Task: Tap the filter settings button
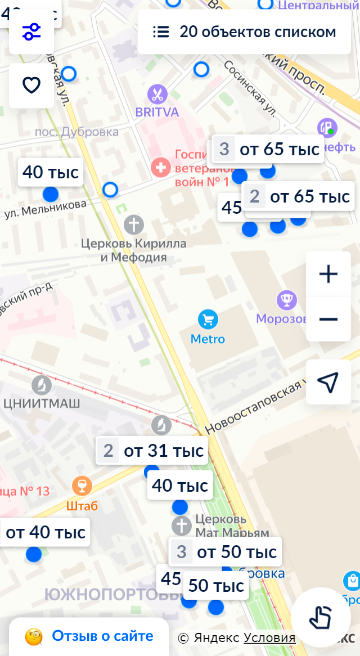click(x=31, y=32)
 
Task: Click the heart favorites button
click(x=31, y=86)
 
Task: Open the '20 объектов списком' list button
click(x=245, y=32)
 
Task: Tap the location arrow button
click(x=328, y=383)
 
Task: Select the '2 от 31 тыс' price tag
click(x=152, y=451)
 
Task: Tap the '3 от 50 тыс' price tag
click(x=226, y=552)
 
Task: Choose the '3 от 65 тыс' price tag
click(x=268, y=149)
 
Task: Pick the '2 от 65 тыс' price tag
click(x=299, y=196)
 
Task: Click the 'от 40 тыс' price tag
click(x=46, y=532)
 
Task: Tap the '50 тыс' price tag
click(x=216, y=586)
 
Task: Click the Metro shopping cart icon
click(x=208, y=320)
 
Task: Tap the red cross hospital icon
click(x=161, y=167)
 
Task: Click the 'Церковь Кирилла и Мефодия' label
click(x=134, y=250)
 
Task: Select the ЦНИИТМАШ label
click(x=42, y=403)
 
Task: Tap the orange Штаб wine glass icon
click(x=82, y=486)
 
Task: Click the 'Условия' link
click(x=269, y=637)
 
